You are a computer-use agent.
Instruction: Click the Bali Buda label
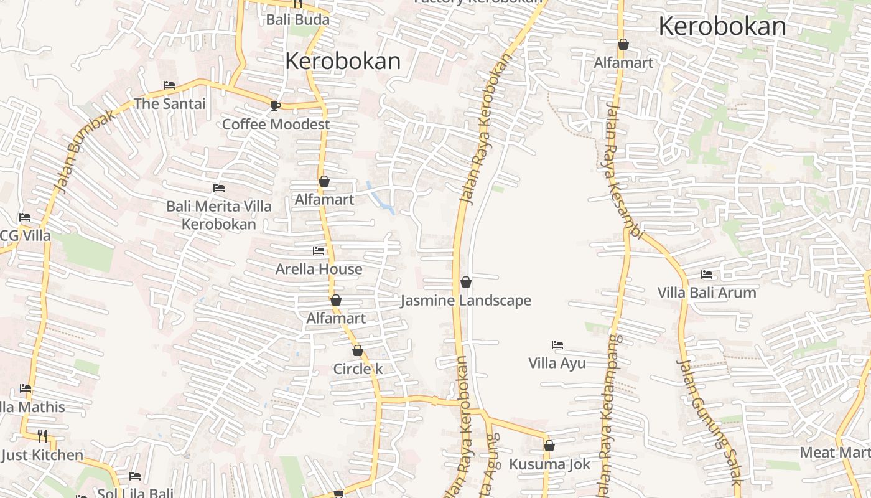click(x=297, y=19)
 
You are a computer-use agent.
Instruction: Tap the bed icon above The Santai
click(x=169, y=85)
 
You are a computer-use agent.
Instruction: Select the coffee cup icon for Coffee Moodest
click(x=276, y=106)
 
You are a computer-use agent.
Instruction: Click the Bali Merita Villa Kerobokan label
click(x=219, y=215)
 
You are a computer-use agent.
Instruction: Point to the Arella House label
click(x=319, y=269)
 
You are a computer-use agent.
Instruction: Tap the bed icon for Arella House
click(x=319, y=251)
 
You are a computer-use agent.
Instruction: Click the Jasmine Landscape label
click(x=465, y=301)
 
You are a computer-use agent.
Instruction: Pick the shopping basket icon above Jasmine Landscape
click(x=465, y=283)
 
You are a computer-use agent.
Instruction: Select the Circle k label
click(x=358, y=369)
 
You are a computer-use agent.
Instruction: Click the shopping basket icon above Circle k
click(x=358, y=350)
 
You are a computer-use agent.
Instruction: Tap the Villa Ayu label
click(x=557, y=363)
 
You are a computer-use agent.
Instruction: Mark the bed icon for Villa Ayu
click(x=557, y=345)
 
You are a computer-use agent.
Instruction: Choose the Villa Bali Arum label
click(x=707, y=293)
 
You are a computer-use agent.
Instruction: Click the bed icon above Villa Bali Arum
click(x=707, y=275)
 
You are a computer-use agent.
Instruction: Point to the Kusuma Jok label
click(x=549, y=464)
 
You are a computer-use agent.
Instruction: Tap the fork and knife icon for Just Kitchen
click(x=42, y=436)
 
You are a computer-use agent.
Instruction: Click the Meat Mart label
click(x=834, y=453)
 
